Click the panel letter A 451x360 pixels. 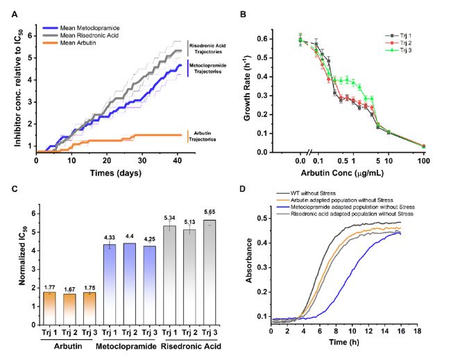pyautogui.click(x=15, y=15)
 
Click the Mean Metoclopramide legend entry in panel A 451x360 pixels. pyautogui.click(x=80, y=28)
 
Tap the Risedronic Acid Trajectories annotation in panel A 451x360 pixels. pyautogui.click(x=207, y=49)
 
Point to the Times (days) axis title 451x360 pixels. pyautogui.click(x=116, y=173)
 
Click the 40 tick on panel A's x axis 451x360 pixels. pyautogui.click(x=178, y=160)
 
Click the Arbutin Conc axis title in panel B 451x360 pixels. pyautogui.click(x=342, y=173)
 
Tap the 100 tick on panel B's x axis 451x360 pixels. pyautogui.click(x=424, y=160)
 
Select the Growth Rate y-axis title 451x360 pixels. pyautogui.click(x=248, y=87)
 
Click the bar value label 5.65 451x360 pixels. pyautogui.click(x=210, y=212)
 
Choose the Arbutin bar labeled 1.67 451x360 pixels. pyautogui.click(x=69, y=309)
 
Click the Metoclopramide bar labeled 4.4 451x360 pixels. pyautogui.click(x=130, y=284)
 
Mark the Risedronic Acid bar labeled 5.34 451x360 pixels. pyautogui.click(x=169, y=275)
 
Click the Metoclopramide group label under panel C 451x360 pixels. pyautogui.click(x=126, y=346)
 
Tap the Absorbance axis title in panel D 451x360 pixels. pyautogui.click(x=248, y=261)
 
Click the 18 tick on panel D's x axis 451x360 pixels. pyautogui.click(x=417, y=332)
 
